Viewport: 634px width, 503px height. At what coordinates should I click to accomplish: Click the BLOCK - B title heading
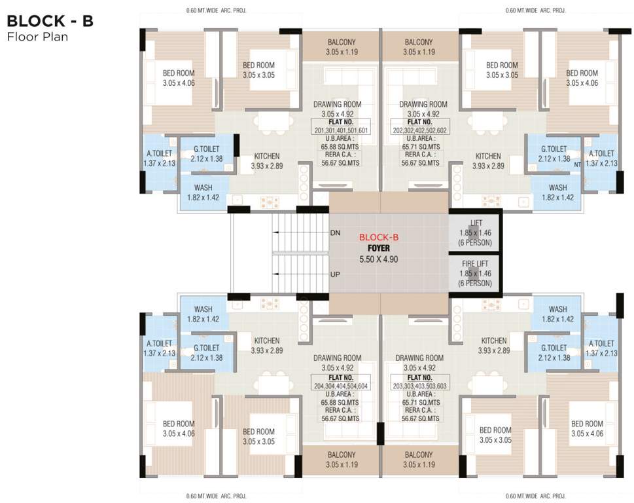[x=50, y=21]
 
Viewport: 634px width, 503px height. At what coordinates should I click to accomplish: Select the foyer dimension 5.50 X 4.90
[x=379, y=259]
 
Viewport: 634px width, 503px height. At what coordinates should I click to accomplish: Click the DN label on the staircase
[x=334, y=233]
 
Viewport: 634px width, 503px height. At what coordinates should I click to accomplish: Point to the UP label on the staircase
[x=334, y=274]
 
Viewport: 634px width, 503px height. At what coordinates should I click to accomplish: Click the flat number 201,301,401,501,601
[x=341, y=130]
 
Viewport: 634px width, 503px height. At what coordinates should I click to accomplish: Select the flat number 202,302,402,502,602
[x=419, y=130]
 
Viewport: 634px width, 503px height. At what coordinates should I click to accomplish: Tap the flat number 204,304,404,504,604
[x=341, y=386]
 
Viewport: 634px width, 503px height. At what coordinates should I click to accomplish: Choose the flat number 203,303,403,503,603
[x=419, y=386]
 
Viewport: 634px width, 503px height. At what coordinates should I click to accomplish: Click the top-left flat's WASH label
[x=203, y=187]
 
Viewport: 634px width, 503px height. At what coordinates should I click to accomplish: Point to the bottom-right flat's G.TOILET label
[x=554, y=348]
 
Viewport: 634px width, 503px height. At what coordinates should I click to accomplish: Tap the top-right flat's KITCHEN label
[x=488, y=157]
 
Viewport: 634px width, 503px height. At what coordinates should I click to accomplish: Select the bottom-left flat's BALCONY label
[x=341, y=455]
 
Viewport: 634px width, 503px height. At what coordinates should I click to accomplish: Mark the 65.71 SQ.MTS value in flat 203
[x=419, y=403]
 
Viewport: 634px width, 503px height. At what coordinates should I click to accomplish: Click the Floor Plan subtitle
[x=37, y=37]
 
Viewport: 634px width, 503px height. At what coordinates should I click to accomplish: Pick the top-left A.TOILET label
[x=159, y=154]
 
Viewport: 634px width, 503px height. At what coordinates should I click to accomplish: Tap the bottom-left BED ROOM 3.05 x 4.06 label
[x=179, y=428]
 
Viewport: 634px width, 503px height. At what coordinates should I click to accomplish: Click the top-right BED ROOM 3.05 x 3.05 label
[x=502, y=70]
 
